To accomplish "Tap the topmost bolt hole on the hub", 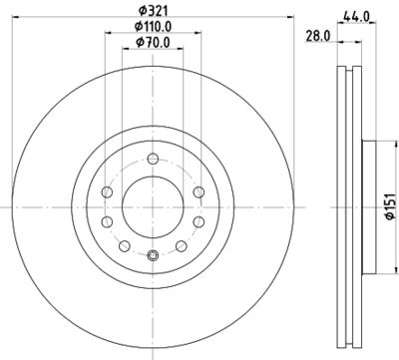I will click(x=153, y=160).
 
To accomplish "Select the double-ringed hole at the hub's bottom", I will click(x=153, y=258).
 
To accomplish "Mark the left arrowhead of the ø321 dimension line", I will click(x=11, y=18).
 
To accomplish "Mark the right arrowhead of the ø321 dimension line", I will click(x=294, y=18).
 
